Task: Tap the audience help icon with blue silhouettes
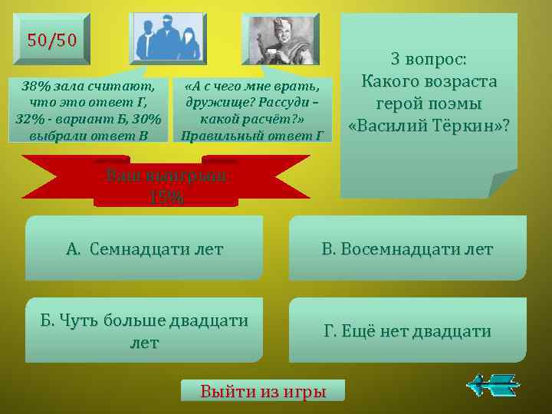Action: click(x=168, y=38)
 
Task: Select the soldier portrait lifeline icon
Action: click(x=278, y=38)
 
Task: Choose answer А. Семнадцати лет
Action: click(x=144, y=248)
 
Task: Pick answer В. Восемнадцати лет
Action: click(x=407, y=248)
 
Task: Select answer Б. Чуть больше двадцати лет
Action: click(x=144, y=330)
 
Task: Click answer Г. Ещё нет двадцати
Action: click(x=407, y=330)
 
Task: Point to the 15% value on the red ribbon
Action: click(x=166, y=196)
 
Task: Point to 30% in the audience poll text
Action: click(x=144, y=119)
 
